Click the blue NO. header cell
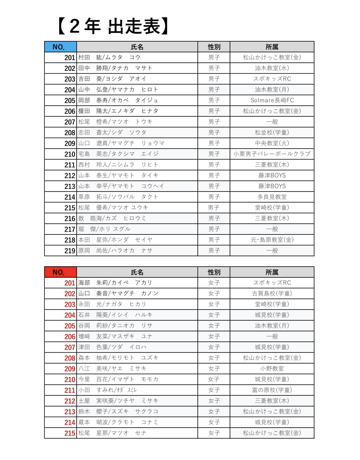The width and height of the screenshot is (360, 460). coord(60,47)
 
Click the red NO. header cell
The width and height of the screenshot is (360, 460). coord(60,272)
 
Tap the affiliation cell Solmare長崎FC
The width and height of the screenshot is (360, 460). coord(272,100)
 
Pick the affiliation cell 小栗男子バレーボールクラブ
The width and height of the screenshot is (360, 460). coord(272,154)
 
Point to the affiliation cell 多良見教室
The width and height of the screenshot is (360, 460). coord(272,197)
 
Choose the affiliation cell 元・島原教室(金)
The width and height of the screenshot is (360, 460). coord(272,240)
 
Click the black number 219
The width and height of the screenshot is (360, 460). coord(70,251)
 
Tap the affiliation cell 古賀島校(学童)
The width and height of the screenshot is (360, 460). coord(272,293)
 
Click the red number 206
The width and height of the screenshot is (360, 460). coord(70,337)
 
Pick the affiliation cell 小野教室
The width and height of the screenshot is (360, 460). coord(272,368)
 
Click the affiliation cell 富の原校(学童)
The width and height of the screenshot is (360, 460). coord(272,390)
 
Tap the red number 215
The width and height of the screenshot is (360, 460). coord(70,433)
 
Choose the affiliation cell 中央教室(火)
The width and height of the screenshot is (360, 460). coord(272,143)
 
